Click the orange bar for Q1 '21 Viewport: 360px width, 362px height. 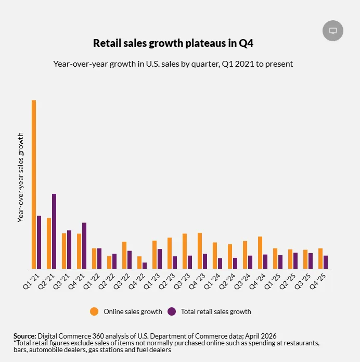(34, 184)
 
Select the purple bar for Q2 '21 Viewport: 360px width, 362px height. (54, 231)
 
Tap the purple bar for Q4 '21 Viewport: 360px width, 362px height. (84, 246)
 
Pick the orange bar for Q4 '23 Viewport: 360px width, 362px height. (200, 251)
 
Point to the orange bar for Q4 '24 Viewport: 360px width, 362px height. (260, 253)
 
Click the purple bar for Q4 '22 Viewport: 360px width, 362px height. (145, 266)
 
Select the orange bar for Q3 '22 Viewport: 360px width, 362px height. (124, 255)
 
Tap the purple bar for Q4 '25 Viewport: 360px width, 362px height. (326, 262)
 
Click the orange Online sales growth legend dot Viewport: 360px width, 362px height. (94, 311)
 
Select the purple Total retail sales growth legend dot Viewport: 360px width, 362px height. (172, 311)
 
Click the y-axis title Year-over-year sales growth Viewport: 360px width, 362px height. (21, 178)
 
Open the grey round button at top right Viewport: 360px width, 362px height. (333, 31)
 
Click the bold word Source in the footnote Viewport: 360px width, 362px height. (24, 335)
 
